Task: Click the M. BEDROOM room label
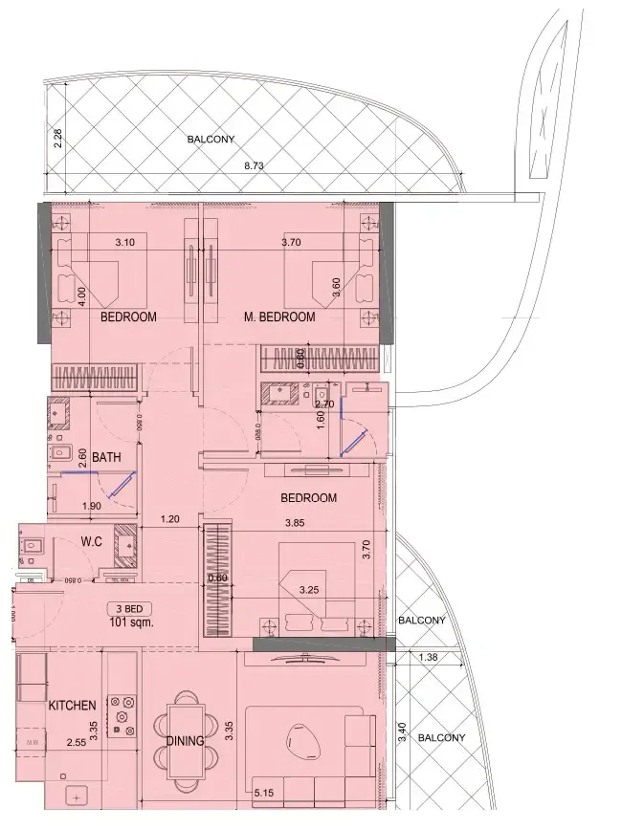tap(279, 316)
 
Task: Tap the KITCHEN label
tap(72, 706)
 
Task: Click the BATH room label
tap(106, 458)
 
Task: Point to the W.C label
tap(92, 542)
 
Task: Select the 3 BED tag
tap(130, 608)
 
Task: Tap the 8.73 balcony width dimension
tap(254, 165)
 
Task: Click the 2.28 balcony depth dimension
tap(58, 138)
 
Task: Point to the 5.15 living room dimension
tap(265, 792)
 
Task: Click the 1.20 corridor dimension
tap(169, 519)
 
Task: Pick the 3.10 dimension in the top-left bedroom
tap(124, 243)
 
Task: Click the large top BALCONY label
tap(211, 140)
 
